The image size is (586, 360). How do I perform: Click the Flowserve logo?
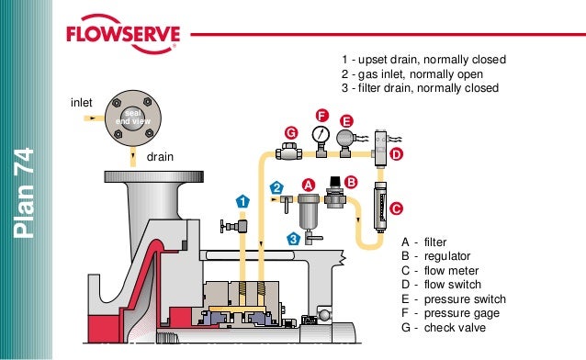coord(123,34)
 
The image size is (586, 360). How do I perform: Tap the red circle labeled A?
coord(309,185)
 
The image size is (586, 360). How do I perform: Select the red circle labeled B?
coord(351,182)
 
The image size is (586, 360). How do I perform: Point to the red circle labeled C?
coord(396,208)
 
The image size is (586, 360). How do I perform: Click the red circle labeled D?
coord(396,154)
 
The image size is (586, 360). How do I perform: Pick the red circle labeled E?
coord(346,121)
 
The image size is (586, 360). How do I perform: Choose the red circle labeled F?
coord(321,116)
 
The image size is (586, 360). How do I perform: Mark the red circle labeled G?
coord(291,133)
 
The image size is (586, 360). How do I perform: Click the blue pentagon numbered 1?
coord(242,201)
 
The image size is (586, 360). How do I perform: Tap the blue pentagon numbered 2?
coord(276,187)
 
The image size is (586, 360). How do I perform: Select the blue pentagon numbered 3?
coord(294,239)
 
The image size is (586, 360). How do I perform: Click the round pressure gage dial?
coord(321,135)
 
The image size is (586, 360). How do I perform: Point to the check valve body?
coord(289,152)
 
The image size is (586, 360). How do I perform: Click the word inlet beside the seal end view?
coord(82,103)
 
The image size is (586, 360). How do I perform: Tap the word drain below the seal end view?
coord(160,157)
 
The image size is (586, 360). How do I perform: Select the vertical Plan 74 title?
coord(24,193)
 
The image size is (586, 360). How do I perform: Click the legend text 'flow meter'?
coord(451,270)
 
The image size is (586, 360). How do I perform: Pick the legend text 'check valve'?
coord(455,328)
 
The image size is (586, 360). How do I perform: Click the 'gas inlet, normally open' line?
coord(412,74)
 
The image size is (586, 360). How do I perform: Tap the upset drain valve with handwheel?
coord(233,226)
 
